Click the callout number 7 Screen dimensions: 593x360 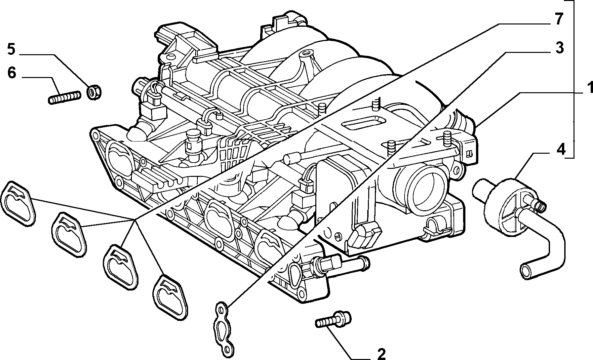click(x=558, y=20)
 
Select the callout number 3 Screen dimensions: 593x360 click(x=558, y=48)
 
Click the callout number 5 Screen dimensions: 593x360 click(x=11, y=49)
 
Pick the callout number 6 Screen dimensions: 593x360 click(x=11, y=73)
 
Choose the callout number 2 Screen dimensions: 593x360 click(x=381, y=354)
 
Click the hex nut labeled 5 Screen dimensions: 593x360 click(x=94, y=92)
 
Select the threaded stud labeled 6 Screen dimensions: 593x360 click(x=65, y=98)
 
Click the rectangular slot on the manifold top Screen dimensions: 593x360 click(x=363, y=123)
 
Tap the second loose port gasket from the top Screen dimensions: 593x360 click(x=69, y=233)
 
